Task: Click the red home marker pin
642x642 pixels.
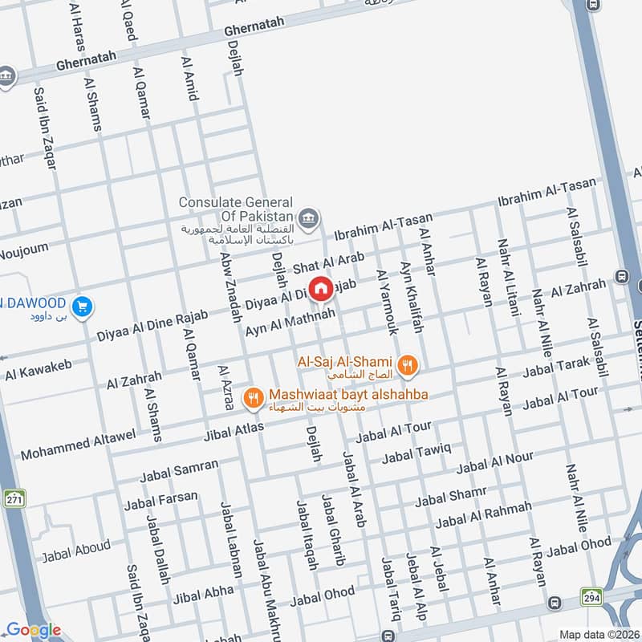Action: [320, 287]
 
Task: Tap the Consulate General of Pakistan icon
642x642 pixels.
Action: [307, 217]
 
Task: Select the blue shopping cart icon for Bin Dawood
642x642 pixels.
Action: [81, 306]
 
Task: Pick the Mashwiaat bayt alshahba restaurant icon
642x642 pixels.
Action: [254, 396]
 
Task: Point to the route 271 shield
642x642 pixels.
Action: [14, 498]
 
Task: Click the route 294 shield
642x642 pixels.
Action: [591, 596]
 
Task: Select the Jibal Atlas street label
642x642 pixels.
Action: [234, 433]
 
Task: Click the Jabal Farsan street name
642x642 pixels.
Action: [160, 502]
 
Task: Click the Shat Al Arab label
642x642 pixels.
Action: [328, 263]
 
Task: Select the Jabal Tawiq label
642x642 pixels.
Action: [416, 453]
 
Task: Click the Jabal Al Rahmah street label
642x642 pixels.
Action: [483, 515]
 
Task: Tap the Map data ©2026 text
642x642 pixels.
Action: [598, 634]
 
